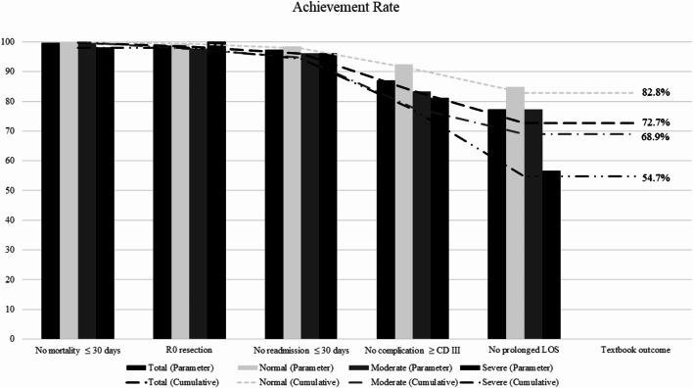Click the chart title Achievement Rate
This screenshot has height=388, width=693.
tap(346, 9)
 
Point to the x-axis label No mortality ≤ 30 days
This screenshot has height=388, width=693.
tap(76, 350)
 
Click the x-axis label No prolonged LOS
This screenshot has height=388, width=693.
tap(525, 350)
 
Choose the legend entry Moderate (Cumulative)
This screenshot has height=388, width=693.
tap(439, 378)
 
